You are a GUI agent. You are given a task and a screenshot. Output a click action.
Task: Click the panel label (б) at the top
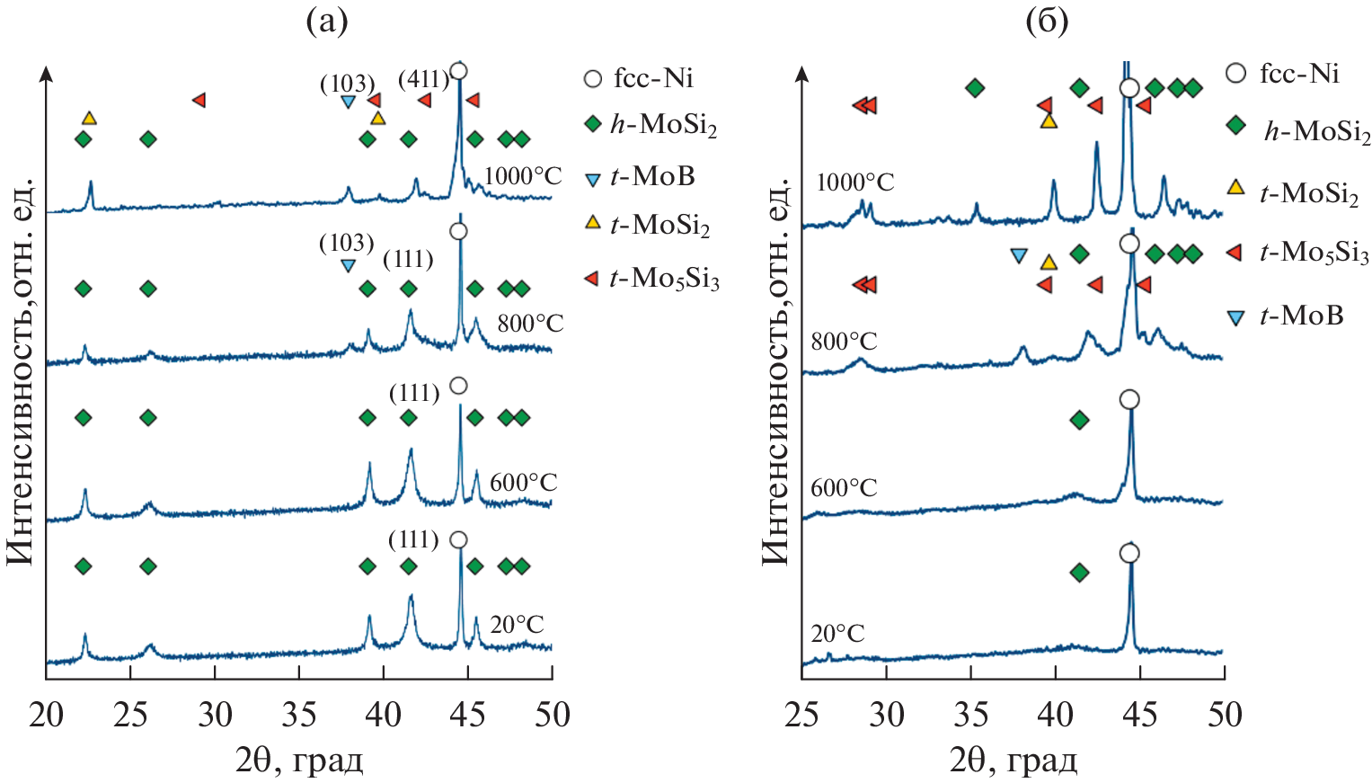[1047, 21]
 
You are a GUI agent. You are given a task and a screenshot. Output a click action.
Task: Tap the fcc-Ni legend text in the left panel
[653, 78]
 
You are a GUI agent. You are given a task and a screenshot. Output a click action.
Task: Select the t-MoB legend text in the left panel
[652, 176]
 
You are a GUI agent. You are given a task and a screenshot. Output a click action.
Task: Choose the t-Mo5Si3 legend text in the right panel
[1314, 254]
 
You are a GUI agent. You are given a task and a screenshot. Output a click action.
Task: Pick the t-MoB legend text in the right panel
[1301, 316]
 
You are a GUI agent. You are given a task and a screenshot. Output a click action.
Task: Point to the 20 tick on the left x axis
[46, 716]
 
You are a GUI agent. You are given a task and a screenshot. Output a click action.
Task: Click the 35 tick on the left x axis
[299, 716]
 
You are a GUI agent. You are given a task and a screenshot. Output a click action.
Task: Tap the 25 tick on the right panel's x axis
[801, 716]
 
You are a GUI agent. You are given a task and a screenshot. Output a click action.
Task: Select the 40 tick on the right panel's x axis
[1055, 716]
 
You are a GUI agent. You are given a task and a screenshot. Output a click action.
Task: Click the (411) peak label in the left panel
[423, 80]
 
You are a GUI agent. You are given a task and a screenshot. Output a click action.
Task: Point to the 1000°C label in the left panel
[522, 176]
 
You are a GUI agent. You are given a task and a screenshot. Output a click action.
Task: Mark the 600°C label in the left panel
[523, 483]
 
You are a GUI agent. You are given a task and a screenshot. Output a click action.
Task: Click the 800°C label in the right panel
[844, 342]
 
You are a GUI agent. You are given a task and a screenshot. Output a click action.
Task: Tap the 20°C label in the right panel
[837, 635]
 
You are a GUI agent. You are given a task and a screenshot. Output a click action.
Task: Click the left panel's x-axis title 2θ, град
[299, 761]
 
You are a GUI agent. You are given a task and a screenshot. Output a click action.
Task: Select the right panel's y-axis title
[775, 369]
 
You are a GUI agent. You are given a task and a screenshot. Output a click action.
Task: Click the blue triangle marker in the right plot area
[1018, 255]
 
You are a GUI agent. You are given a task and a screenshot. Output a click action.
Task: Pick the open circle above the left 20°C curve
[458, 540]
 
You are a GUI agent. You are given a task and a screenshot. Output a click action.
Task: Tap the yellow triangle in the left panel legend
[592, 222]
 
